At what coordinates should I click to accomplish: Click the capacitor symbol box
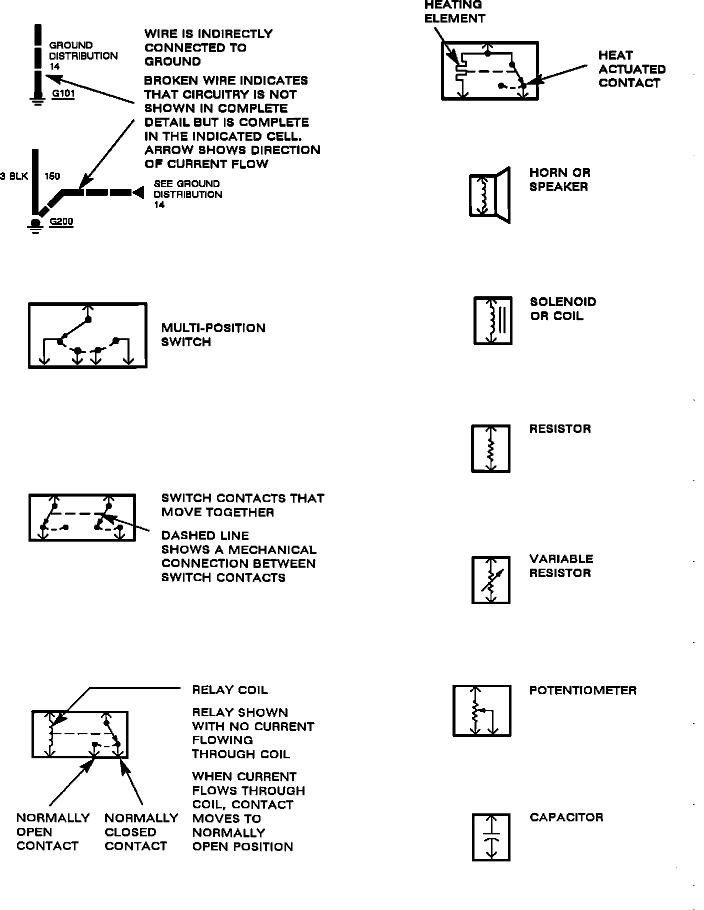coord(491,837)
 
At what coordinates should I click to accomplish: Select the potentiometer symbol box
coord(482,711)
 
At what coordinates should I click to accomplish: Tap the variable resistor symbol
coord(491,580)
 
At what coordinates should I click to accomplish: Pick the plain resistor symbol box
coord(491,448)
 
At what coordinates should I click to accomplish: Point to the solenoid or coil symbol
coord(492,321)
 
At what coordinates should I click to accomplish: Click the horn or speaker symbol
coord(489,195)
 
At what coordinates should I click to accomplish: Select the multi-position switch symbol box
coord(87,336)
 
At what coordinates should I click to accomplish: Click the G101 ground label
coord(63,93)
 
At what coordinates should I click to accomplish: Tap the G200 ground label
coord(61,222)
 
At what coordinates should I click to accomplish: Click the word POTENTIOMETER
coord(582,691)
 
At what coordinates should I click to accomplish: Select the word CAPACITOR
coord(566,817)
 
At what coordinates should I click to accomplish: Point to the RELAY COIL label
coord(230,690)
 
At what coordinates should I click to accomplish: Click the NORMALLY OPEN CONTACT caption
coord(52,832)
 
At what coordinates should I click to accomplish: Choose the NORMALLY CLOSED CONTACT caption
coord(141,832)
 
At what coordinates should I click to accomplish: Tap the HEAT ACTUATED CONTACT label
coord(631,69)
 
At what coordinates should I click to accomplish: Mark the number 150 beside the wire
coord(52,176)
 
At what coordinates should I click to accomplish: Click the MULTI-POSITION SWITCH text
coord(213,335)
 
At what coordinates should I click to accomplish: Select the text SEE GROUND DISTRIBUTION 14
coord(187,194)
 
